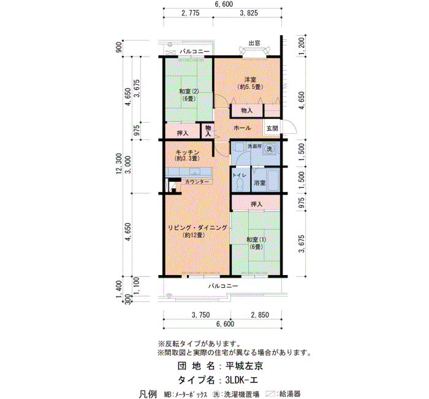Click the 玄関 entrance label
pos(272,128)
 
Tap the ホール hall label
pos(242,128)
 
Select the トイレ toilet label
pos(240,175)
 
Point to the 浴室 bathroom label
pos(260,182)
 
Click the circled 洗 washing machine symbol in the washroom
pos(270,149)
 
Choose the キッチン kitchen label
pos(188,152)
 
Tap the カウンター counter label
pos(197,182)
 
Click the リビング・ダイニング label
pos(197,228)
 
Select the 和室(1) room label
pos(256,239)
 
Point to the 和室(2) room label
pos(189,91)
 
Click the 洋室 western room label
pos(250,80)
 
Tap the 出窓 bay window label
pos(254,43)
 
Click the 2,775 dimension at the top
pos(191,13)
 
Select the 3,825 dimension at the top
pos(249,13)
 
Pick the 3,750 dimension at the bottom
pos(201,315)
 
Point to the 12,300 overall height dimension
pos(119,164)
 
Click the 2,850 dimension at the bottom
pos(260,315)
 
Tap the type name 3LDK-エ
pos(241,380)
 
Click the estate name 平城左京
pos(245,366)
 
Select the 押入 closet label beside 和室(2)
pos(183,133)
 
